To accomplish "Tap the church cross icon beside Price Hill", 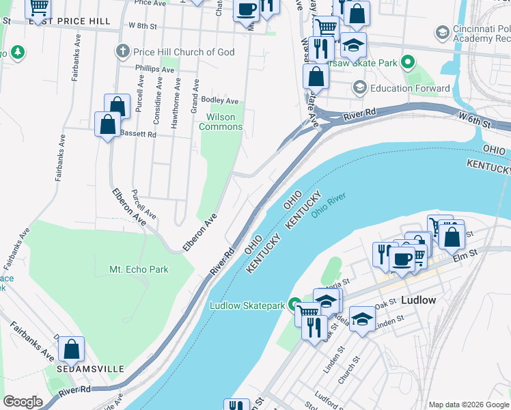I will (123, 51).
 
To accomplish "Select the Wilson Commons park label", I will (221, 122).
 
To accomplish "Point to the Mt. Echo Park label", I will (139, 269).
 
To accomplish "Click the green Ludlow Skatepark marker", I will (294, 305).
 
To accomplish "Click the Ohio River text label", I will (329, 204).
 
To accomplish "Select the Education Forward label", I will (410, 88).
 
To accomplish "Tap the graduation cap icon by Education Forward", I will (359, 88).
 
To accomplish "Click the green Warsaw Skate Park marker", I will (408, 64).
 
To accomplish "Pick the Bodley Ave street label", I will (219, 100).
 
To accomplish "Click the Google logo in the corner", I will (23, 402).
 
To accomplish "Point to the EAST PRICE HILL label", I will (70, 21).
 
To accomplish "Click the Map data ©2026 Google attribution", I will (468, 405).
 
